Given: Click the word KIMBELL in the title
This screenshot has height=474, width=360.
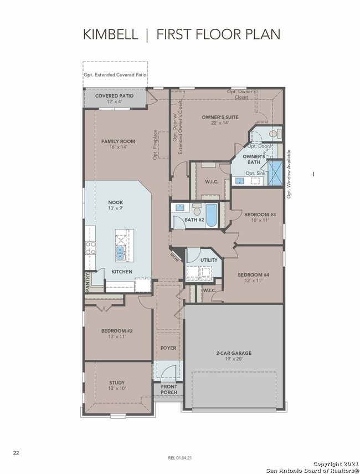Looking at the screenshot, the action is pyautogui.click(x=111, y=34).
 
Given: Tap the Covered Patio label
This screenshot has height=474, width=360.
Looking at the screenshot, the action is pyautogui.click(x=114, y=96).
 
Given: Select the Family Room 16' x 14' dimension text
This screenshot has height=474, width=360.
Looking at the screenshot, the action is pyautogui.click(x=118, y=147).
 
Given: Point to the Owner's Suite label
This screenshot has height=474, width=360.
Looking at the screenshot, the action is pyautogui.click(x=220, y=117).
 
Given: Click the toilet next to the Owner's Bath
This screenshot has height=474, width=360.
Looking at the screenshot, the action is pyautogui.click(x=275, y=134).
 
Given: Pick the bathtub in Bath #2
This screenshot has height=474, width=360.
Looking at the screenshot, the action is pyautogui.click(x=212, y=215).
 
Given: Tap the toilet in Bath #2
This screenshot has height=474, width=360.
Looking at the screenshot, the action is pyautogui.click(x=197, y=209).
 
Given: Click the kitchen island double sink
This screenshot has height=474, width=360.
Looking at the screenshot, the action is pyautogui.click(x=120, y=253).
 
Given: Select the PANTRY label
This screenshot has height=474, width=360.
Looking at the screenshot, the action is pyautogui.click(x=88, y=282).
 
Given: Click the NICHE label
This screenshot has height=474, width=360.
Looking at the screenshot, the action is pyautogui.click(x=174, y=257).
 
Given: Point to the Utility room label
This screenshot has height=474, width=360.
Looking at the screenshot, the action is pyautogui.click(x=209, y=260).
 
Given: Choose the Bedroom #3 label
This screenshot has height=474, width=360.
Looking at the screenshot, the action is pyautogui.click(x=260, y=215).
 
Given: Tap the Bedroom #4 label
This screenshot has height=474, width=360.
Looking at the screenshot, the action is pyautogui.click(x=254, y=275).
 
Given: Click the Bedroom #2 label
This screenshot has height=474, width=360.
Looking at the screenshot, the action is pyautogui.click(x=117, y=331).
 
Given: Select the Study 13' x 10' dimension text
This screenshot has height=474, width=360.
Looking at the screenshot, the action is pyautogui.click(x=117, y=389).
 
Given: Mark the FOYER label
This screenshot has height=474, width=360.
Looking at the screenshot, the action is pyautogui.click(x=168, y=348).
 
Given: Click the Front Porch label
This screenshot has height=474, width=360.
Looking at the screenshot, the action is pyautogui.click(x=169, y=389).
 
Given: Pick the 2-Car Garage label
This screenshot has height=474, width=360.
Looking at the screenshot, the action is pyautogui.click(x=234, y=353).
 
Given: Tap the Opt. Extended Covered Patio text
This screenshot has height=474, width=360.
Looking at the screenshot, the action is pyautogui.click(x=115, y=75).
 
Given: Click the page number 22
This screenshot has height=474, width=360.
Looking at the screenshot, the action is pyautogui.click(x=16, y=453).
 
